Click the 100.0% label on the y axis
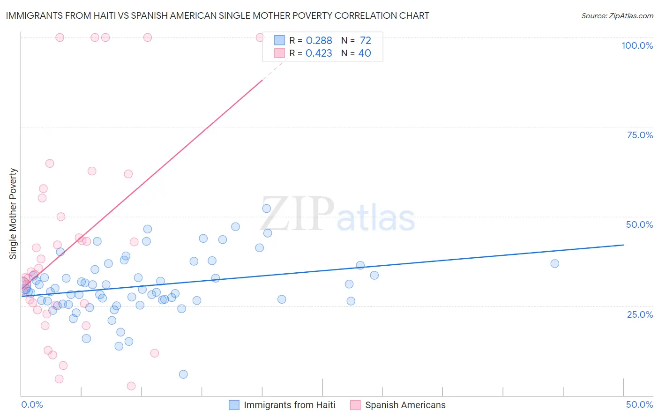click(x=637, y=45)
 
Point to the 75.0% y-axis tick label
click(x=640, y=135)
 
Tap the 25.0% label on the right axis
click(x=640, y=314)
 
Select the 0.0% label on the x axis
click(x=32, y=404)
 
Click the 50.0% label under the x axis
click(x=639, y=404)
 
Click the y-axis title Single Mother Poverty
click(x=13, y=214)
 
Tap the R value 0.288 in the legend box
click(x=319, y=41)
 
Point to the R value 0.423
click(x=319, y=53)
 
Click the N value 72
click(x=365, y=41)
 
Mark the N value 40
click(x=365, y=53)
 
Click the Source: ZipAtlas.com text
click(x=617, y=16)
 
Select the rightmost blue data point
click(x=554, y=263)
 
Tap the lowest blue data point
click(x=183, y=374)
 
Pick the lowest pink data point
click(x=131, y=386)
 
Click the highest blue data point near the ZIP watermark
click(x=266, y=209)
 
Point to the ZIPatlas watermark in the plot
click(x=337, y=214)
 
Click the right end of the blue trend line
click(x=623, y=245)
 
